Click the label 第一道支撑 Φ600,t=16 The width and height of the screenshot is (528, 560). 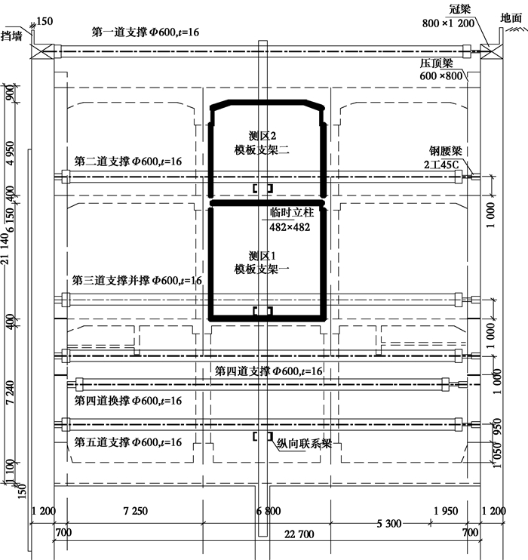146,32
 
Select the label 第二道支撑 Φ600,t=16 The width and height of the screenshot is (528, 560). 127,162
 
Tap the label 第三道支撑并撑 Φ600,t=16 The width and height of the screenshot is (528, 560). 137,280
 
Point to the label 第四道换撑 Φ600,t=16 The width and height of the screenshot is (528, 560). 127,401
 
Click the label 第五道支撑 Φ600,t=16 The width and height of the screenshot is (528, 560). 127,442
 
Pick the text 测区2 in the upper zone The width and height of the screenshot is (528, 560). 262,136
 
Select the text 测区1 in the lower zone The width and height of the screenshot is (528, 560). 262,256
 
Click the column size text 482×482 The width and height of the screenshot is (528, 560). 290,227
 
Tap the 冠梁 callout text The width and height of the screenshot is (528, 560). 460,9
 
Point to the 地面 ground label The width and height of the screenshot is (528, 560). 511,18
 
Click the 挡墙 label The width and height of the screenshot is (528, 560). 11,35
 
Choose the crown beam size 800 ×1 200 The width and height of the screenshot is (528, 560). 448,23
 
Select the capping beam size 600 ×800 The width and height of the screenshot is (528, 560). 441,75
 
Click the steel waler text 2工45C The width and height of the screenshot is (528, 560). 441,165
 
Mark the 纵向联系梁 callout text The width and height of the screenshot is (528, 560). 304,444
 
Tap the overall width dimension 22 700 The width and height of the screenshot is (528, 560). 299,534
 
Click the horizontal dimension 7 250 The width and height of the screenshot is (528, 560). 135,511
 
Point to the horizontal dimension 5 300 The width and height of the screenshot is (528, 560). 389,524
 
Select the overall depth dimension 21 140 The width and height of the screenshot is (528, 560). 5,248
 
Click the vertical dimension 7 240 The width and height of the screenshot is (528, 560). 10,392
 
